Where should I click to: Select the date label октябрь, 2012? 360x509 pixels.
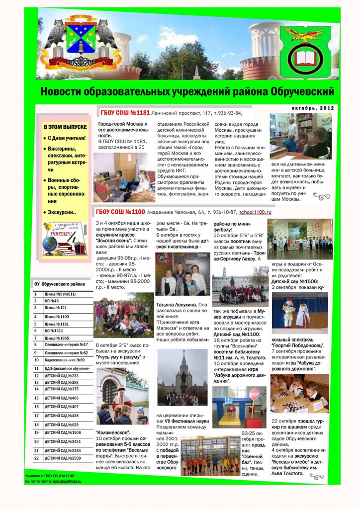(313, 108)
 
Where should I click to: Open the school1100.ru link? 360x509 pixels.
(255, 213)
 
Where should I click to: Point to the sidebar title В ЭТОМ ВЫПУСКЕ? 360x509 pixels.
(65, 127)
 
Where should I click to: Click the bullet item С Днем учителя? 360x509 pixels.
(67, 138)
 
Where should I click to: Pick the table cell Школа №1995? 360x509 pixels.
(57, 338)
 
